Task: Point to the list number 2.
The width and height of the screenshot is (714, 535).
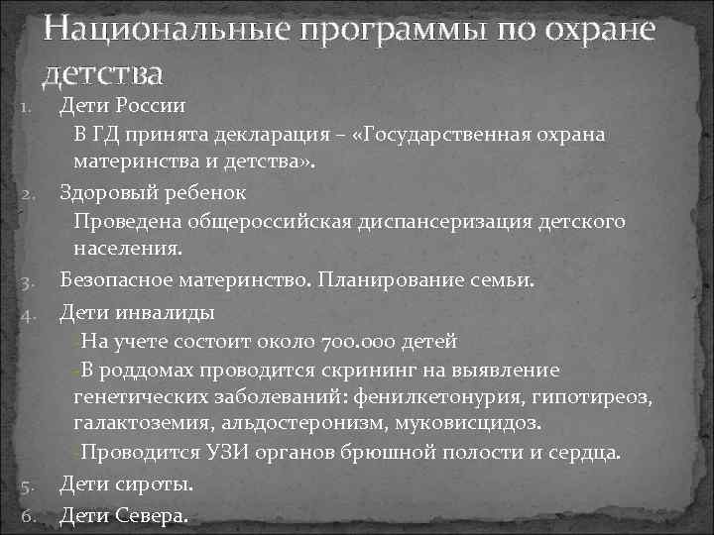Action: (x=30, y=192)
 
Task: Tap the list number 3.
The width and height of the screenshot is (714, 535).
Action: (x=30, y=283)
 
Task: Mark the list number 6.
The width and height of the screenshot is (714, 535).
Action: (x=30, y=515)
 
